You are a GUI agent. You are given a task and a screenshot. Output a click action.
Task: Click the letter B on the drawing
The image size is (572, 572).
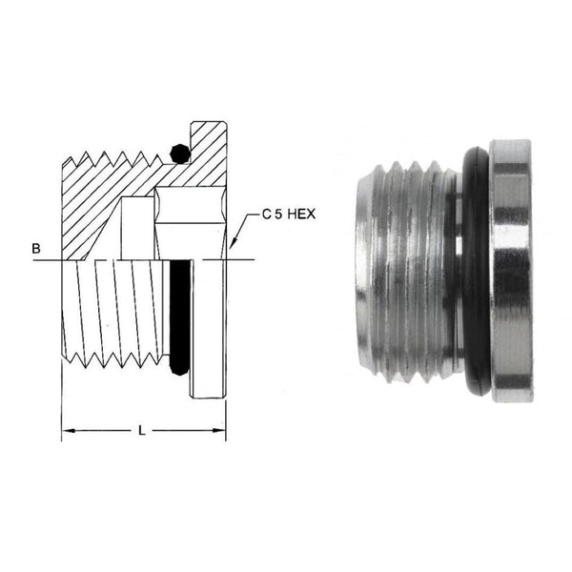35,250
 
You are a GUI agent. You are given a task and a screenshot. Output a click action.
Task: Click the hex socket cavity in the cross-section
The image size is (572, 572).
191,224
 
